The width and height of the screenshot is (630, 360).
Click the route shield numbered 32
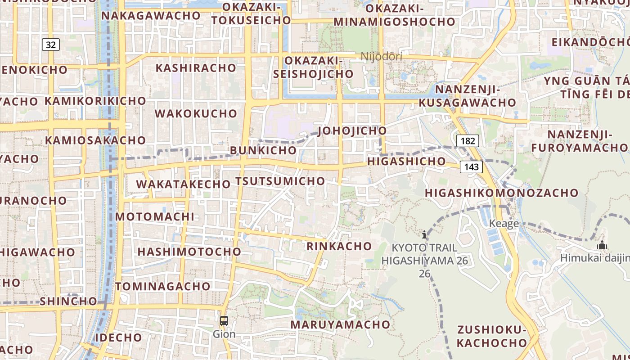51,45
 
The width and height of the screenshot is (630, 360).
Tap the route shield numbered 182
468,141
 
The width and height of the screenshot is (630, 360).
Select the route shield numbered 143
471,167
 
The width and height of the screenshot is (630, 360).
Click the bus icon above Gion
224,321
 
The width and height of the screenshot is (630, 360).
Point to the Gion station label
224,334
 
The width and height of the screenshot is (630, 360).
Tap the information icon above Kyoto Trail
424,234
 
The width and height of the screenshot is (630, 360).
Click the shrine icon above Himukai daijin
602,245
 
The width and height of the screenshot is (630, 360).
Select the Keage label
504,224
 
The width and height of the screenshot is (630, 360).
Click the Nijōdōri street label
382,56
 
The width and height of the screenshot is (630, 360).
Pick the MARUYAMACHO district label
340,324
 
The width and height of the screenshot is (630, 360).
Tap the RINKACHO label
339,246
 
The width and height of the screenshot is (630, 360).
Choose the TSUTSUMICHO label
280,181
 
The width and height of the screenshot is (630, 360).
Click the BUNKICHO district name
263,150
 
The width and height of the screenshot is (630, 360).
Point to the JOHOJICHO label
352,130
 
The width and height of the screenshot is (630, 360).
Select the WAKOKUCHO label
196,113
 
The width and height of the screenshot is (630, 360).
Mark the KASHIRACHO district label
196,68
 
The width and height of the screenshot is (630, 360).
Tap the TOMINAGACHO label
163,286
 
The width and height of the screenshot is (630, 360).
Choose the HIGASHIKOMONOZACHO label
502,193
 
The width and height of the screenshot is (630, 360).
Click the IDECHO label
119,337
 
